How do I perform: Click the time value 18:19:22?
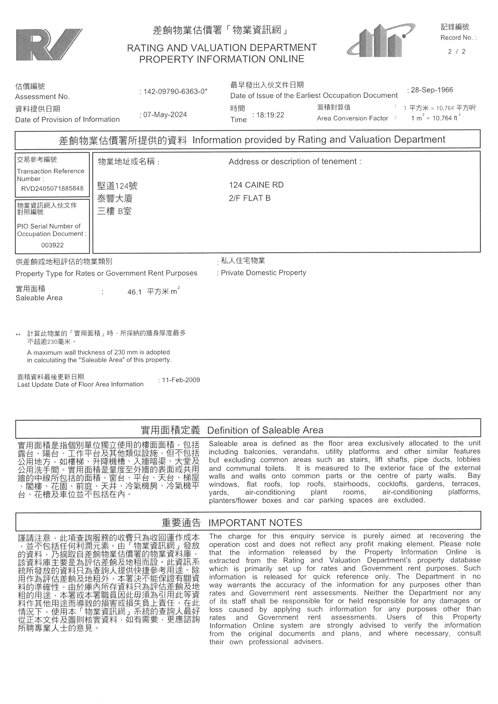270,115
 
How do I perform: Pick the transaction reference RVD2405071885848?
52,188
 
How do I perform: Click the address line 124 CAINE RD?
256,185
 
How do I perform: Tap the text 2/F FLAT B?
250,198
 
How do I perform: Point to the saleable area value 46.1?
134,292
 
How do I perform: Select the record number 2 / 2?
457,52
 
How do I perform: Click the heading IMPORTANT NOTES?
255,523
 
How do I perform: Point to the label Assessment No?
42,97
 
